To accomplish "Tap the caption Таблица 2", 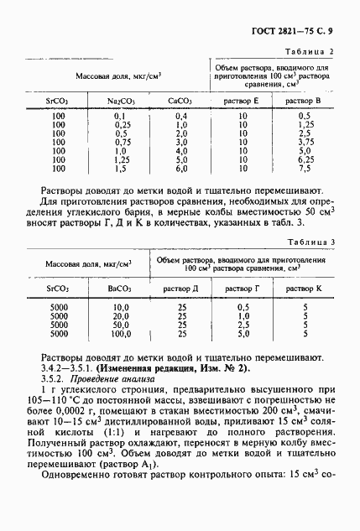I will pos(309,52).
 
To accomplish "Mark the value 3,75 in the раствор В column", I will pos(305,142).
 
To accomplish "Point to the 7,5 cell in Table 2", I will pos(305,168).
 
